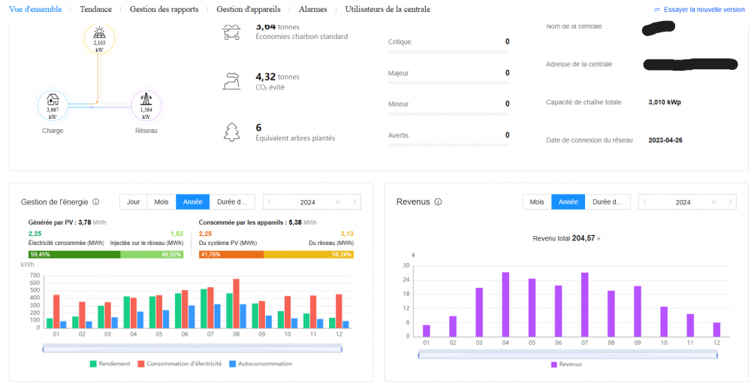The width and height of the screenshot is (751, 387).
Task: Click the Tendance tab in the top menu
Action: [x=95, y=9]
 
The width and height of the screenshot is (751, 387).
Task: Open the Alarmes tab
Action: [x=312, y=9]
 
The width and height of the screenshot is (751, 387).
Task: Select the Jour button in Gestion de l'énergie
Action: [x=133, y=202]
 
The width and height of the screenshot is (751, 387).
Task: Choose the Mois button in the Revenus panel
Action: [x=537, y=202]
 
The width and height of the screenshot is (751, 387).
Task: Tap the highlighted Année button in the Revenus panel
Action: [x=569, y=202]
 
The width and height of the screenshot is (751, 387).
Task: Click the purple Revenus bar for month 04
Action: [x=505, y=304]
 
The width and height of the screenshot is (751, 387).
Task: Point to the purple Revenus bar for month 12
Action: [x=716, y=329]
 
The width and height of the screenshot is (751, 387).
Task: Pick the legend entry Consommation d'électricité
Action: [x=180, y=364]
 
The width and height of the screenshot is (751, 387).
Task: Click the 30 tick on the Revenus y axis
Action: [x=406, y=265]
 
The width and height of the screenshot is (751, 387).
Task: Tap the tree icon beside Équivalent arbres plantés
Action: [x=232, y=132]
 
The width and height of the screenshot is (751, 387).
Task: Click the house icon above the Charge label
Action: [x=53, y=100]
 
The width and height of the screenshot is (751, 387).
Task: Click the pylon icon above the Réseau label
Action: [x=146, y=100]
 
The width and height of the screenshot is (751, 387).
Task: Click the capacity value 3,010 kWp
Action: [x=665, y=102]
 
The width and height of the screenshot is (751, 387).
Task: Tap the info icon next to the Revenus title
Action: [x=438, y=202]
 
